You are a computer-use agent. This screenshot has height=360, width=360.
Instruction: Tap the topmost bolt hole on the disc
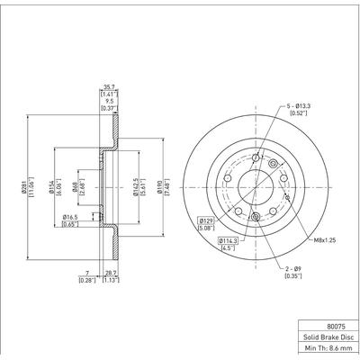click(x=256, y=159)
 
